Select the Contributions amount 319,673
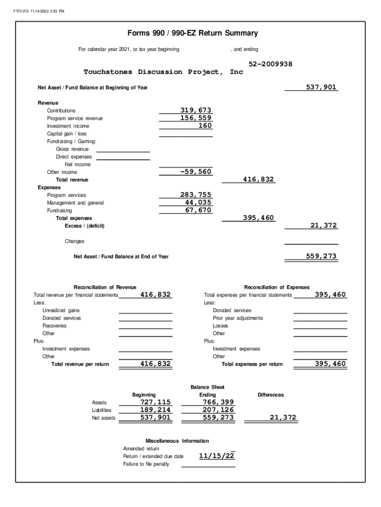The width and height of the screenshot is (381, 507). tap(195, 110)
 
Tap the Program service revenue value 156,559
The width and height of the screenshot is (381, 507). tap(195, 118)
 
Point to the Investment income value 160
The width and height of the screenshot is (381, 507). tap(205, 126)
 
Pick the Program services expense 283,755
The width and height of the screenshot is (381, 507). tap(195, 195)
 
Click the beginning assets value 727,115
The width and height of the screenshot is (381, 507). tap(155, 403)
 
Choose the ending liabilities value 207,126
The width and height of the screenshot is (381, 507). tap(218, 410)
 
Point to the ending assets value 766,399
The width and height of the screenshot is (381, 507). tap(218, 403)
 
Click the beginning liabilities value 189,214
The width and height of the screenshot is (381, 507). tap(155, 410)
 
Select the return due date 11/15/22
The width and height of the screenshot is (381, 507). tap(217, 456)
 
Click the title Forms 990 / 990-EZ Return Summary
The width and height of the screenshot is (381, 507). tap(192, 34)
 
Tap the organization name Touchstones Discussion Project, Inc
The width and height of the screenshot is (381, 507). tap(163, 72)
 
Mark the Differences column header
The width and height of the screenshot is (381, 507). tap(271, 395)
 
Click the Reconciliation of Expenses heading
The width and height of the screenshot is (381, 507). tap(277, 287)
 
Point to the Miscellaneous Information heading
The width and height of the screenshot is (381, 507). tap(177, 441)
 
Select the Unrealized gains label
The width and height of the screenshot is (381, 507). tap(61, 310)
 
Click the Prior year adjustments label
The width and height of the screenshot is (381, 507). tap(238, 318)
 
